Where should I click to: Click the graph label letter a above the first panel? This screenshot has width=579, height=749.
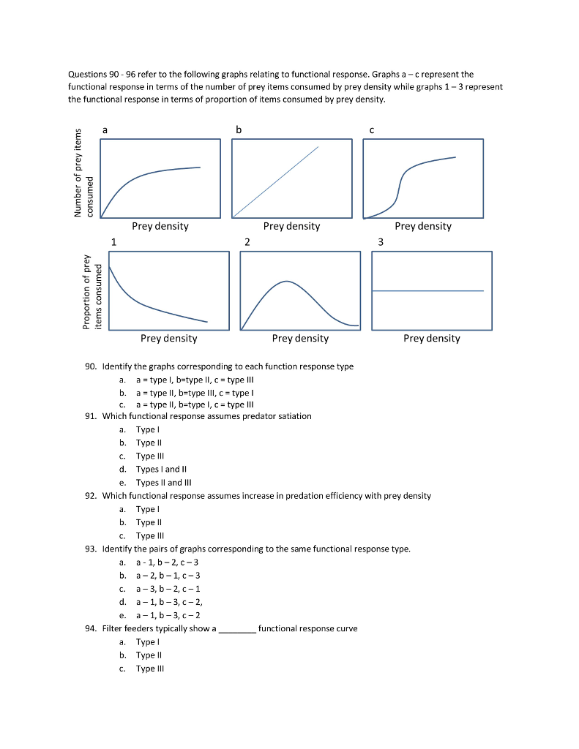[105, 129]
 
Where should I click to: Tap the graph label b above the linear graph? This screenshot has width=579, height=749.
[238, 129]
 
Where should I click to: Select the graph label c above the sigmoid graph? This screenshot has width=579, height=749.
[371, 129]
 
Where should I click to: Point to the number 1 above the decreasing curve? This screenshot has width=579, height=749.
[113, 241]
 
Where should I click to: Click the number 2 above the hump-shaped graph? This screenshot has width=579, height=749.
[247, 241]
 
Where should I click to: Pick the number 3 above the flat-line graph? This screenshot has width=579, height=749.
[380, 241]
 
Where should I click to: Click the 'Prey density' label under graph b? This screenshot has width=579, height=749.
[291, 226]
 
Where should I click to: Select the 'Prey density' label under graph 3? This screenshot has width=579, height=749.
[432, 338]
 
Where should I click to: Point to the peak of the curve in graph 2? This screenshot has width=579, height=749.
[287, 281]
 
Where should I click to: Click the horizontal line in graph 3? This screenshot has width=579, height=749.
[428, 291]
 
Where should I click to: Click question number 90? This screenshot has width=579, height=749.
[92, 366]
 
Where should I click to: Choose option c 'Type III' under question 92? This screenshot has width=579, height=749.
[145, 535]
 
